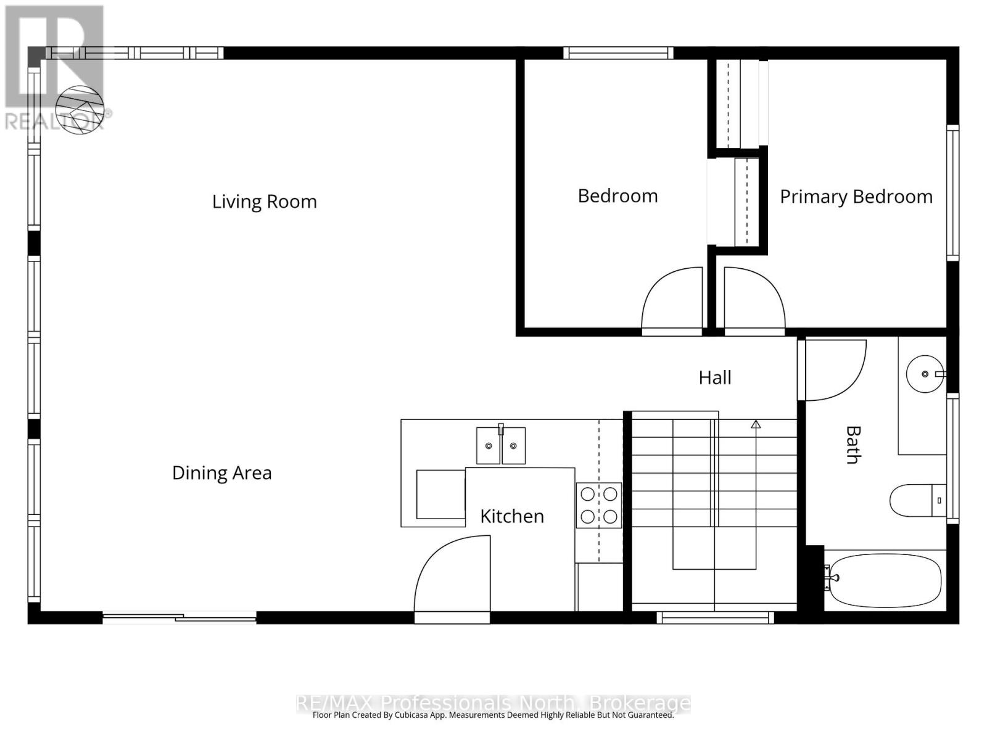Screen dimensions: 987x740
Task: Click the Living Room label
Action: coord(265,202)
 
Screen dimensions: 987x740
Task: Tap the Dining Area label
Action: coord(221,473)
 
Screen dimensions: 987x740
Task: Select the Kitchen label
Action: coord(512,517)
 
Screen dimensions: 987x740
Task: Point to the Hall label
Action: coord(714,378)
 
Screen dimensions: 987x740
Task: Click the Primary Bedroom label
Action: coord(856,197)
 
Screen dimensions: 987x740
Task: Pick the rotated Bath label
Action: coord(853,445)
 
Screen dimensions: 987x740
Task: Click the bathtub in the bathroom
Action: coord(885,580)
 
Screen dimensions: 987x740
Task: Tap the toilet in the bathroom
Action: coord(918,501)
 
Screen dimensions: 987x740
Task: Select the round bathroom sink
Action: coord(925,374)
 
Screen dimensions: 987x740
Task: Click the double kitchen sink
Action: coord(500,445)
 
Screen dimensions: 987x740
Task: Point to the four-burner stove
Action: coord(598,506)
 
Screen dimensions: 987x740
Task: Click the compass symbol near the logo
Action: coord(80,110)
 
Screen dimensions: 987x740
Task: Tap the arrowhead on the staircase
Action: coord(756,424)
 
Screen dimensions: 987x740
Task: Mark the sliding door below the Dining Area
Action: coord(180,618)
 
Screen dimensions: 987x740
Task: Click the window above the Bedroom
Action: coord(618,53)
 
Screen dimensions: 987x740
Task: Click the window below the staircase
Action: coord(716,618)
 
